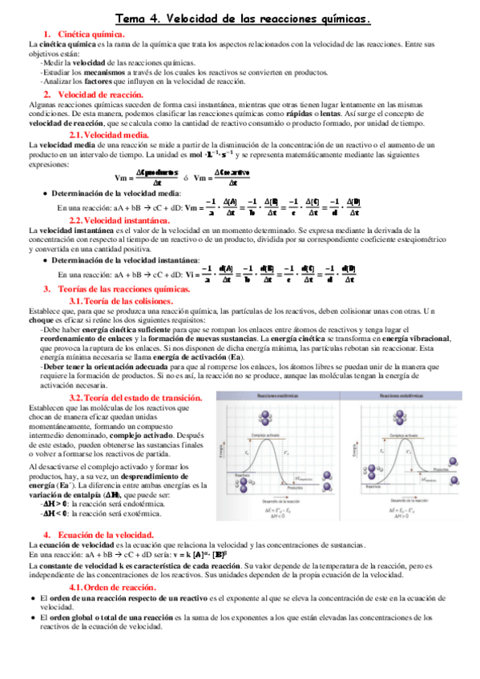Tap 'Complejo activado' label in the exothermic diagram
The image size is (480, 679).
[x=265, y=435]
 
